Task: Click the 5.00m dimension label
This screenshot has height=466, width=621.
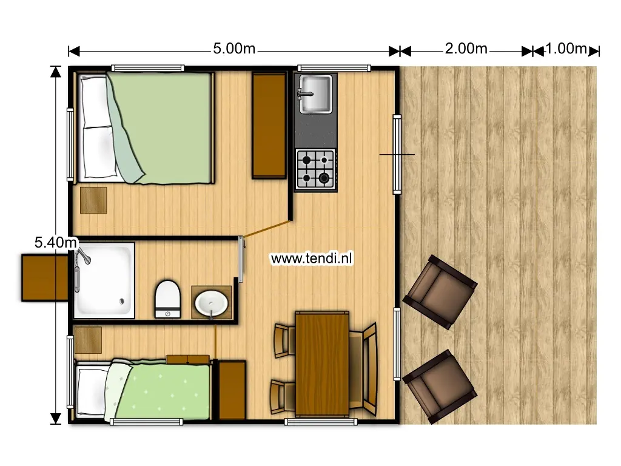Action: click(234, 49)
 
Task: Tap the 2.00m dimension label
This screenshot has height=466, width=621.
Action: click(466, 49)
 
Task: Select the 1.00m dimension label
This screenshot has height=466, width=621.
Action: click(566, 49)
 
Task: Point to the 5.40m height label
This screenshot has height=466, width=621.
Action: click(55, 242)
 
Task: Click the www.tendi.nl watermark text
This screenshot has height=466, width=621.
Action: click(311, 258)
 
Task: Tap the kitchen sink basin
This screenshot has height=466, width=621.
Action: click(315, 94)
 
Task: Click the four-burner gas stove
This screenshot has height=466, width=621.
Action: click(316, 170)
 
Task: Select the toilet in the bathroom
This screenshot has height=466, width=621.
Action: click(167, 299)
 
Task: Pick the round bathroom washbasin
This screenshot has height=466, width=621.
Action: click(212, 303)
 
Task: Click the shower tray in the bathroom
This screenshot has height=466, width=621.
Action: click(104, 280)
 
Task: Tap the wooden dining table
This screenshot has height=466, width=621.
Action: click(322, 364)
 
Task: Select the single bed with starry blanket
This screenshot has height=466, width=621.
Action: click(143, 389)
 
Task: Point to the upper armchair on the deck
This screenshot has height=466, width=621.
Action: click(440, 292)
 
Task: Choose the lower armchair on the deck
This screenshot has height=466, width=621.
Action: click(440, 387)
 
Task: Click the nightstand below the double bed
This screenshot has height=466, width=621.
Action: click(93, 200)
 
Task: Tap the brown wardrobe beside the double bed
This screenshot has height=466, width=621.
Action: click(269, 125)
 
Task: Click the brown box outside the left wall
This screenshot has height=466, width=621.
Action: click(45, 278)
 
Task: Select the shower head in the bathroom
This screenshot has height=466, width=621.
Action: click(84, 255)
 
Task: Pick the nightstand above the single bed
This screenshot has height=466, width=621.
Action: click(88, 340)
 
